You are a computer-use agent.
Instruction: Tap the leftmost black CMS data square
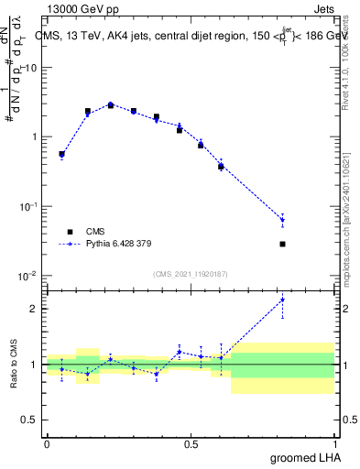point(61,154)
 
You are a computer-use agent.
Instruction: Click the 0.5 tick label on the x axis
point(191,443)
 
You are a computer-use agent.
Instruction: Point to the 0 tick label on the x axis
point(47,443)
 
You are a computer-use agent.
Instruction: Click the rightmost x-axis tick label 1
point(334,443)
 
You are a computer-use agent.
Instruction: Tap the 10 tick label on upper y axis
point(30,68)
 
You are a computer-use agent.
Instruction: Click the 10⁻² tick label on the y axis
point(27,276)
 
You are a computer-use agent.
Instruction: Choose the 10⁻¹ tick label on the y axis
point(27,206)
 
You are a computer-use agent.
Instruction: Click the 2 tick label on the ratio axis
point(34,309)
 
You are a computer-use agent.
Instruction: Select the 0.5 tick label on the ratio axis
point(30,420)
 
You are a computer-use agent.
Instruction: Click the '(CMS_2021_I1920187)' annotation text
point(190,273)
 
